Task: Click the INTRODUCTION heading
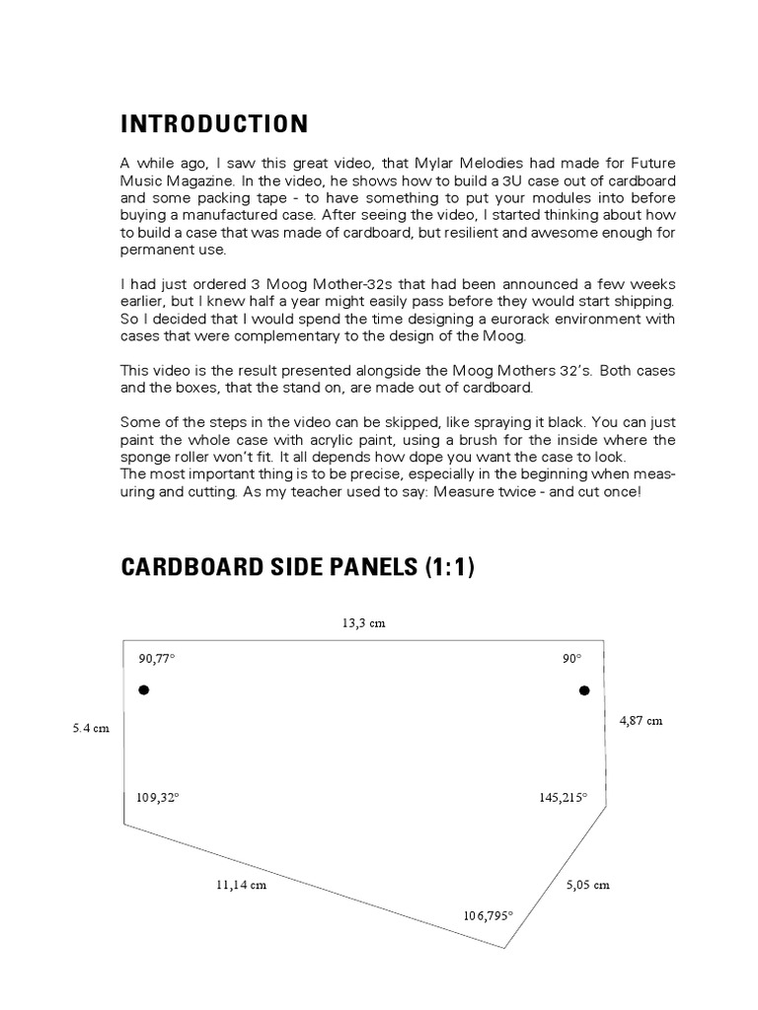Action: tap(213, 124)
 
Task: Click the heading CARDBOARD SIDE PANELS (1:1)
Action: tap(297, 568)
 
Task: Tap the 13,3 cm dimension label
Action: tap(363, 623)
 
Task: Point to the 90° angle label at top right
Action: tap(572, 658)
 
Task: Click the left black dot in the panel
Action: tap(143, 690)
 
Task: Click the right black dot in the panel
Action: tap(583, 690)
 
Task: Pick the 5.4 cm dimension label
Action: tap(90, 728)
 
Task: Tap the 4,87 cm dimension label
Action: tap(641, 721)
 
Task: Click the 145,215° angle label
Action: tap(563, 797)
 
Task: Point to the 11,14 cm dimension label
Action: tap(241, 885)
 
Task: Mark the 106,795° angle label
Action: tap(489, 915)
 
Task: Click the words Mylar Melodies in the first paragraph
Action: tap(465, 162)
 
